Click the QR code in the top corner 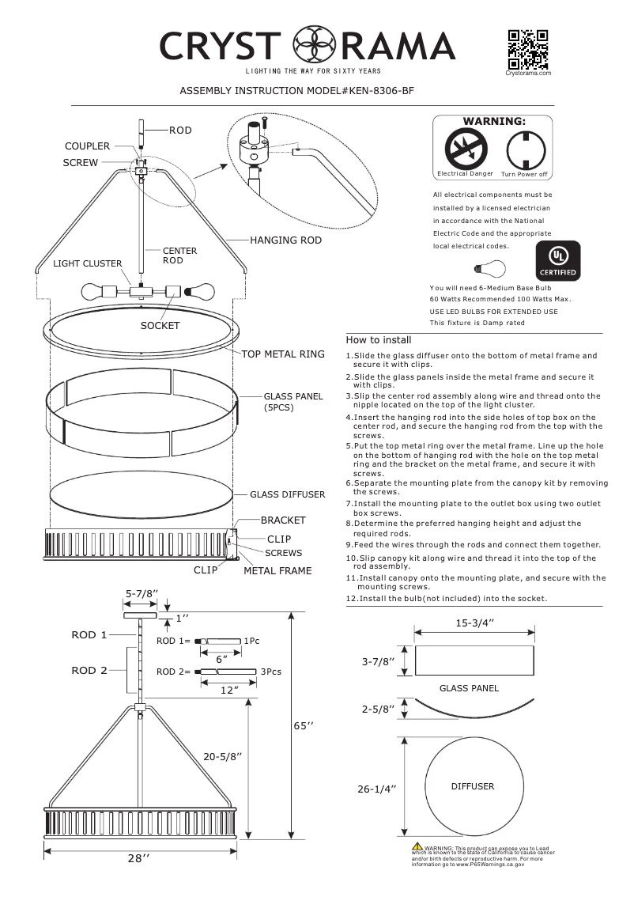coord(528,49)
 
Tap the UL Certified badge coord(559,260)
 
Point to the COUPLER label coord(87,146)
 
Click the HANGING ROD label coord(285,240)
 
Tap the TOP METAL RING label coord(283,354)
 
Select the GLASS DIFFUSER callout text coord(288,494)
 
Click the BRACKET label coord(283,520)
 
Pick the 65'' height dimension coord(305,725)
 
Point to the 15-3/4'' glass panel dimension coord(474,623)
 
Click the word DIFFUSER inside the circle coord(473,786)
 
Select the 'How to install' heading coord(378,339)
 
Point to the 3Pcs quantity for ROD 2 coord(271,672)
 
